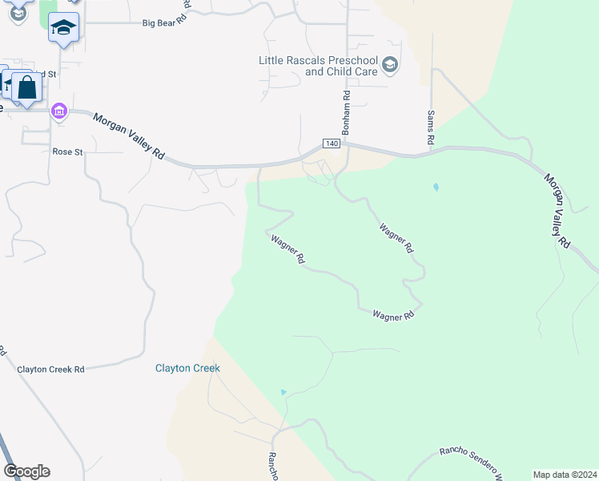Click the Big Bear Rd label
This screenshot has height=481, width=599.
click(x=164, y=23)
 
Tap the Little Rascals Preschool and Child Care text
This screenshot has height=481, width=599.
click(x=318, y=66)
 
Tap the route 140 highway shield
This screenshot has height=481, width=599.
click(x=333, y=143)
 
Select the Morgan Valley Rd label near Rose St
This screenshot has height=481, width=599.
click(x=128, y=135)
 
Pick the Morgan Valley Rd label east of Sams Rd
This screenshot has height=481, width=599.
click(x=557, y=210)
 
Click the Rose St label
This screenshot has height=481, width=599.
click(x=67, y=152)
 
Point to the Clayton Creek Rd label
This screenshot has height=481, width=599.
click(x=51, y=370)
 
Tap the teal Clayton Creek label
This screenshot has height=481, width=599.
click(x=187, y=368)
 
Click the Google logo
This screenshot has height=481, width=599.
click(x=26, y=471)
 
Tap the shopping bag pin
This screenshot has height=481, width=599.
click(x=26, y=88)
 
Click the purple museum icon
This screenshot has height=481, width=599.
click(x=59, y=111)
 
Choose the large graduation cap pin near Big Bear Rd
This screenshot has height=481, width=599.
click(x=63, y=28)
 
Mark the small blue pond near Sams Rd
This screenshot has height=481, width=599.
click(x=436, y=187)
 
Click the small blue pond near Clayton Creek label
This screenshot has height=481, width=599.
click(x=283, y=392)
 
